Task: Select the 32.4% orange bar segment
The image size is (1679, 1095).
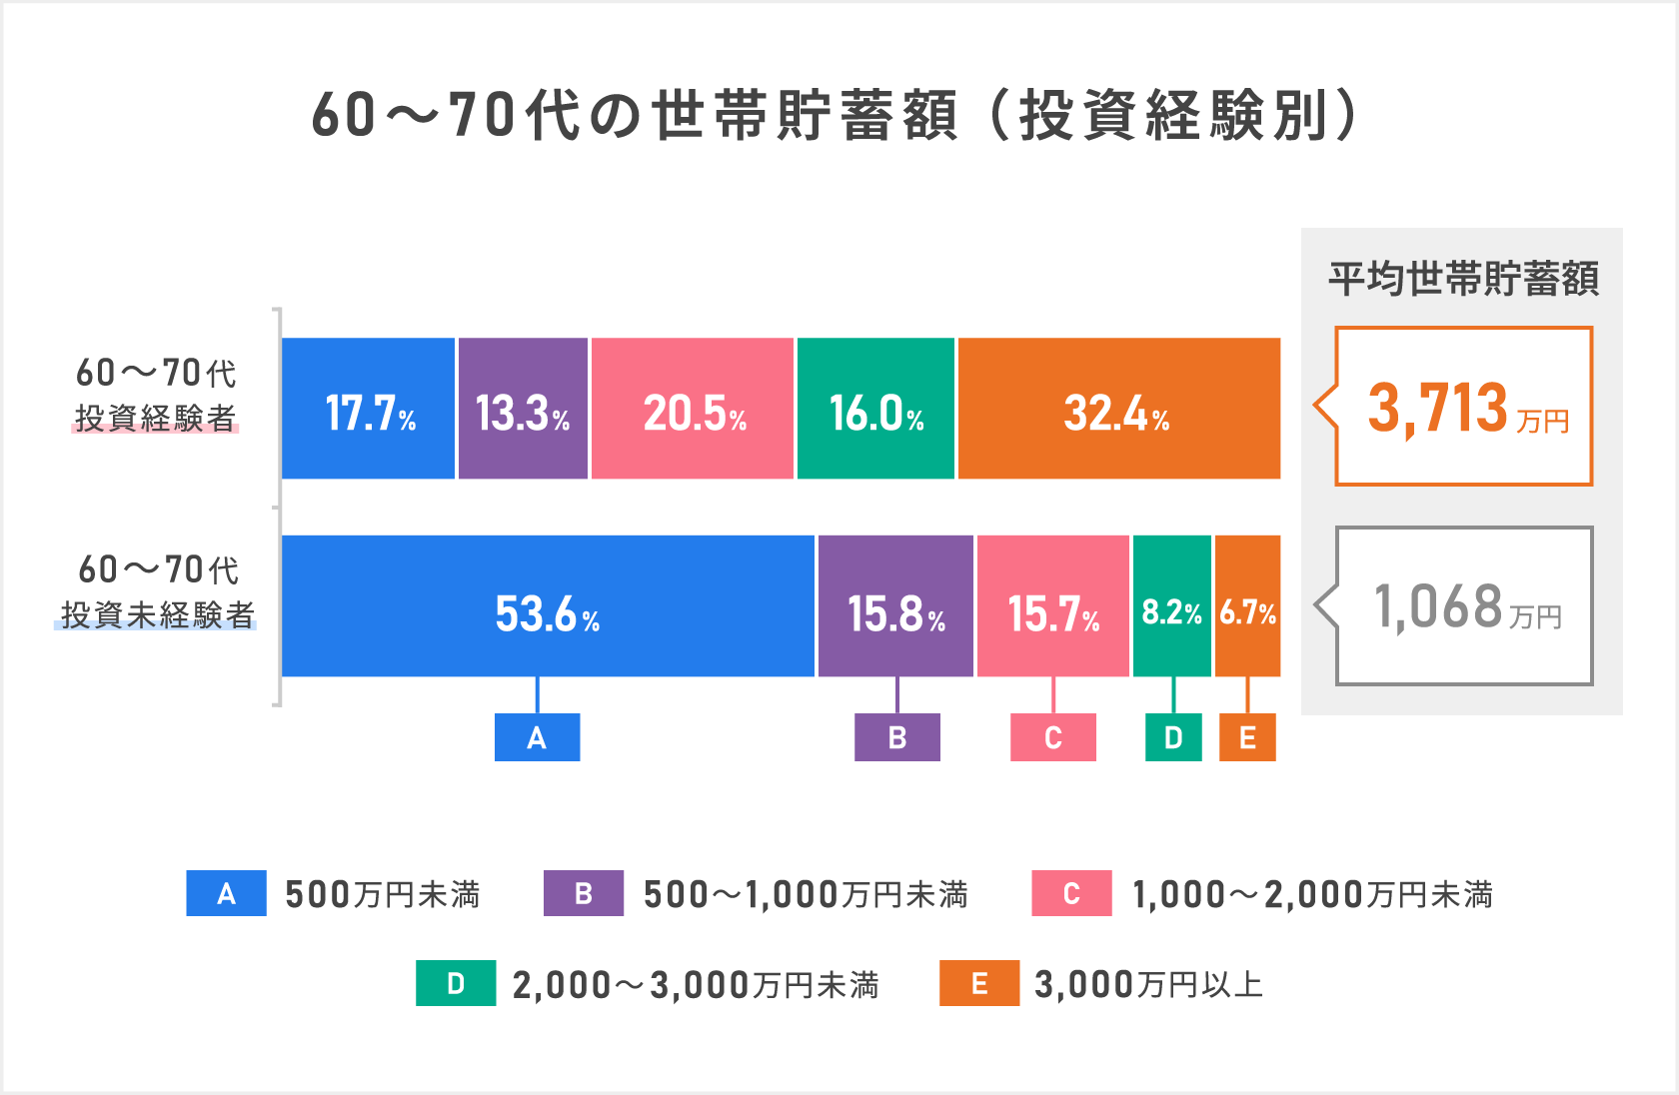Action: [1118, 409]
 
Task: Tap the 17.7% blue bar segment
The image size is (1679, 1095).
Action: [368, 409]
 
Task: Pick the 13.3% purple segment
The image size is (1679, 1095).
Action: [523, 409]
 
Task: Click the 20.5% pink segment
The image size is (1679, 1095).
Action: [693, 409]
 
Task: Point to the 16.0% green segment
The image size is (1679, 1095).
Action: [875, 409]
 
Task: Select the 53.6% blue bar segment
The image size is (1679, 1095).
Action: [548, 606]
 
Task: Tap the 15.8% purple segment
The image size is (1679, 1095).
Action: [895, 606]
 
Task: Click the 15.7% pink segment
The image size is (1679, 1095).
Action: [1052, 606]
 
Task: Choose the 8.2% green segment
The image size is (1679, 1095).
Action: [1171, 606]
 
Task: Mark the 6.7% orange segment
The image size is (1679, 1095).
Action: [1247, 606]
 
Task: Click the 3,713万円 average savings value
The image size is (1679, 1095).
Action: [1465, 408]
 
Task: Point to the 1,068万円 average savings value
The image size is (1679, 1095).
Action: [1465, 606]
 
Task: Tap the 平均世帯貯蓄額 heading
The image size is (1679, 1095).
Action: [1463, 279]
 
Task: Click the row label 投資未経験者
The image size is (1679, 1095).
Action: [157, 614]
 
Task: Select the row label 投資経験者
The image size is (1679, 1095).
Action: [155, 418]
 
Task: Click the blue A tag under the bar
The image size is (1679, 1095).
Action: [537, 737]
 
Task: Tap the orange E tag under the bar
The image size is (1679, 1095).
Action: [1247, 737]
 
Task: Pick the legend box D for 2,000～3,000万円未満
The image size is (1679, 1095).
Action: [456, 983]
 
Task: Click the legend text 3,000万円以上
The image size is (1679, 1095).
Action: [1148, 984]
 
